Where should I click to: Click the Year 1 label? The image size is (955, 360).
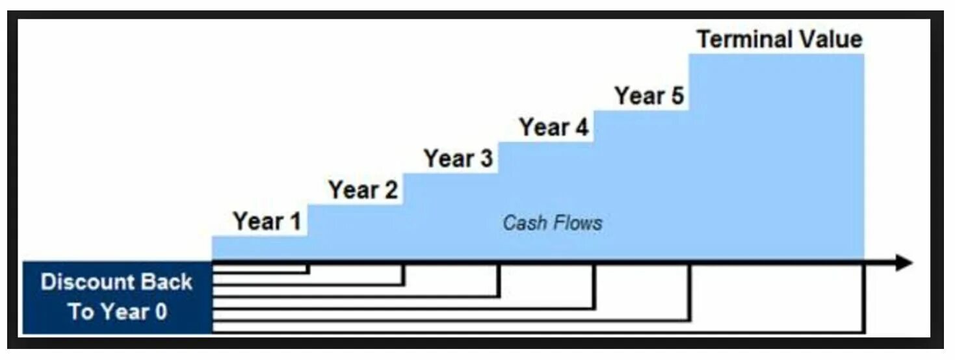[x=267, y=222]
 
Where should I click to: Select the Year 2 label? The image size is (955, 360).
[x=363, y=190]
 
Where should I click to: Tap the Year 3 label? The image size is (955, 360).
[x=458, y=159]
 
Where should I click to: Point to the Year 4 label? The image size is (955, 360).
[x=554, y=127]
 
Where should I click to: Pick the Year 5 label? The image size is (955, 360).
[x=649, y=96]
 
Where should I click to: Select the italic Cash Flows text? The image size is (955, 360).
[x=553, y=223]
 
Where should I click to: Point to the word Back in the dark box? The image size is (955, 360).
[x=169, y=282]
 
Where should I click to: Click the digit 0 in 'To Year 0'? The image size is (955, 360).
[x=161, y=312]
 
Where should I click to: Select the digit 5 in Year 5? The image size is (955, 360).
[x=677, y=96]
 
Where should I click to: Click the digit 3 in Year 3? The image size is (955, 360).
[x=486, y=159]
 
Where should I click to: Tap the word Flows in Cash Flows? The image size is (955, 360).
[x=578, y=223]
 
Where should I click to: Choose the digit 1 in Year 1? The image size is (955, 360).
[x=295, y=222]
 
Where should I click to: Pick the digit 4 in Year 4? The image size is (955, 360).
[x=581, y=127]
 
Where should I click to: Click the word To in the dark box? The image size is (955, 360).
[x=81, y=312]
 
